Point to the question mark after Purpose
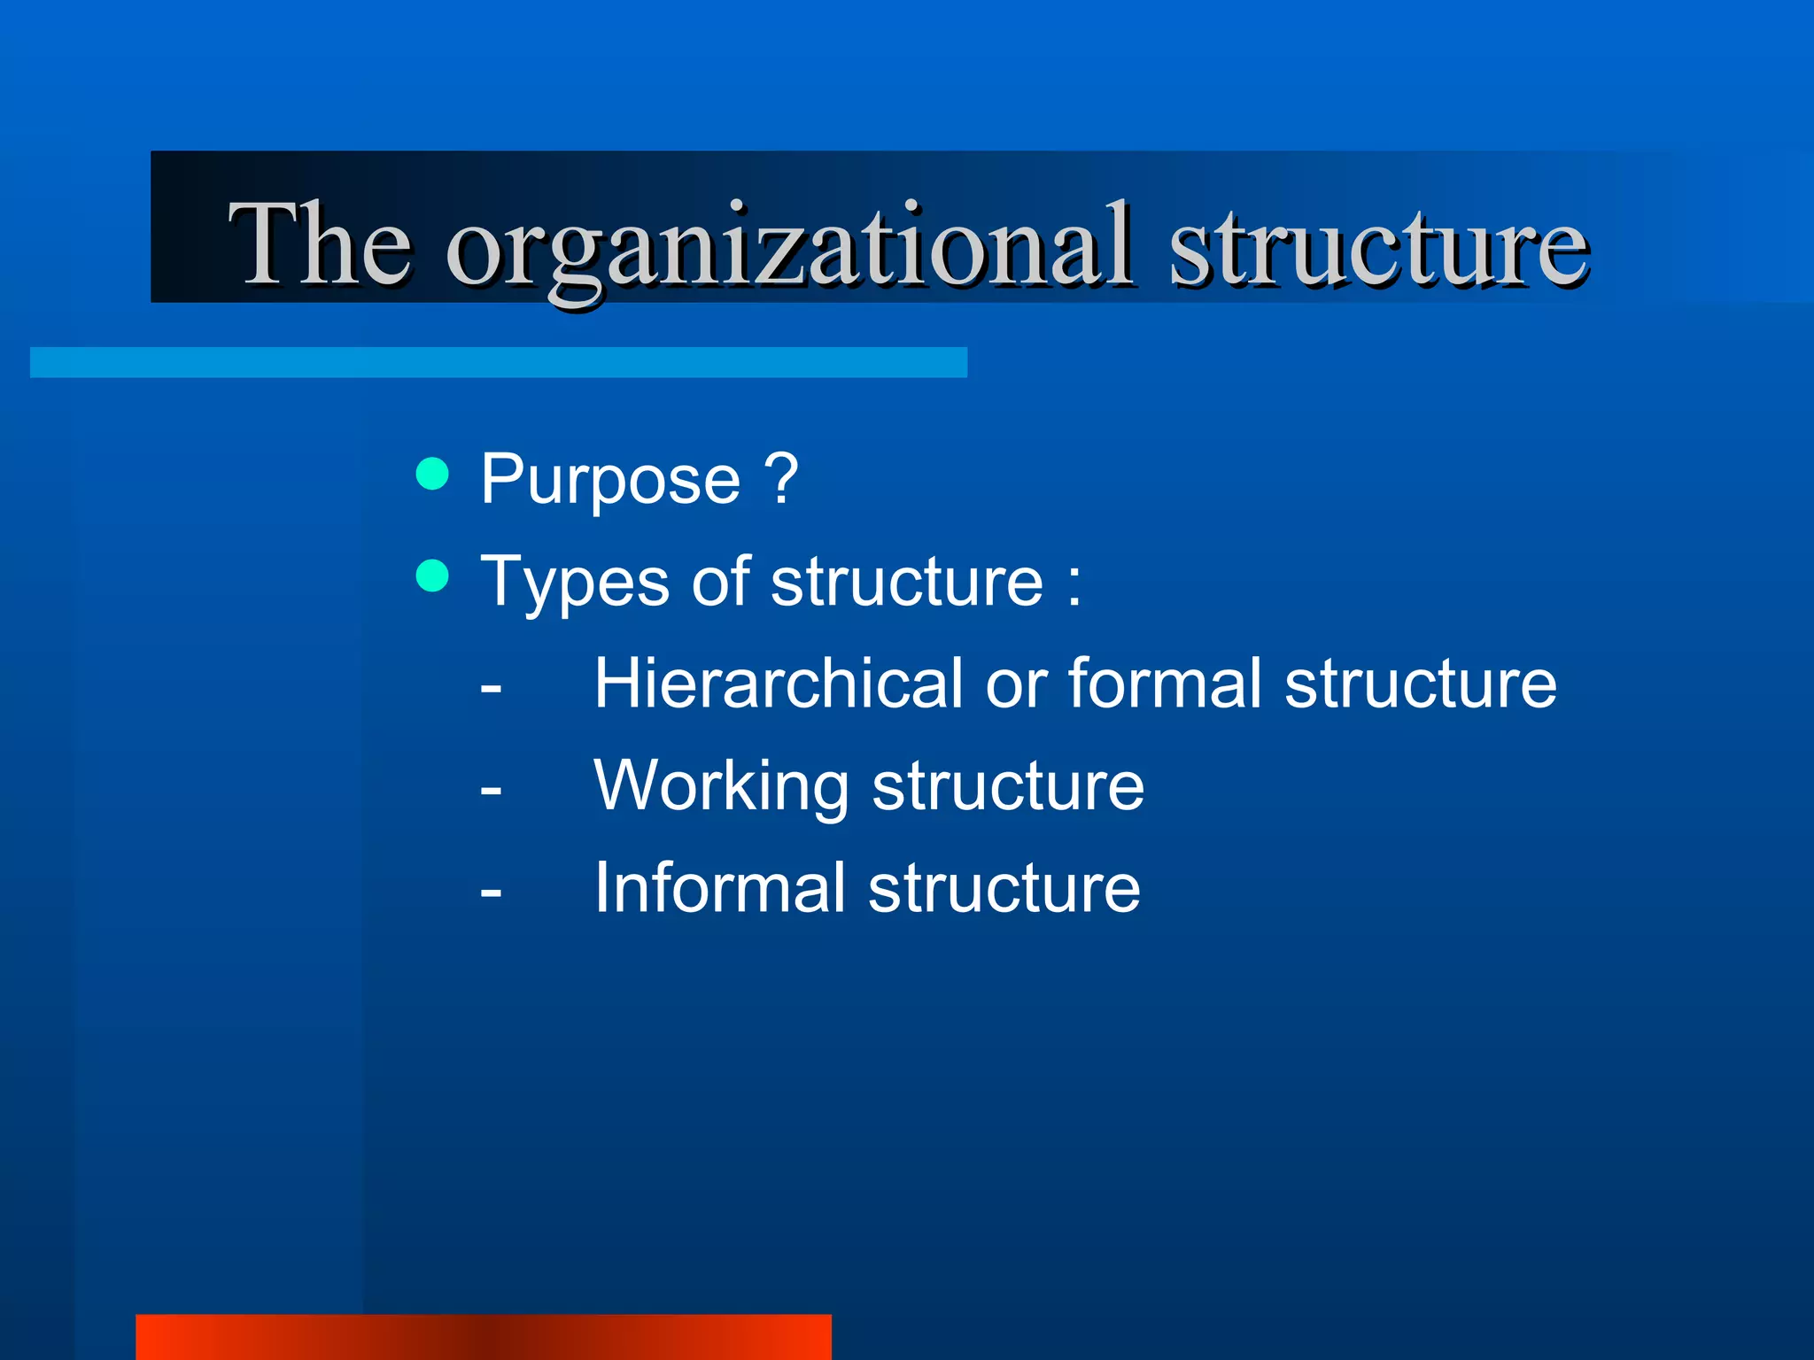pyautogui.click(x=781, y=478)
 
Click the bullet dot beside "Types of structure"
pyautogui.click(x=432, y=576)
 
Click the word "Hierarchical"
pyautogui.click(x=778, y=684)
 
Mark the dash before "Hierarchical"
pyautogui.click(x=491, y=687)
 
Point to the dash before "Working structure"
pyautogui.click(x=491, y=789)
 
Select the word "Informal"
pyautogui.click(x=719, y=887)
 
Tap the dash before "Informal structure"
pyautogui.click(x=491, y=891)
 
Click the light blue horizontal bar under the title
pyautogui.click(x=499, y=362)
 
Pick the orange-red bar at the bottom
pyautogui.click(x=484, y=1337)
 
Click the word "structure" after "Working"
pyautogui.click(x=1008, y=786)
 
